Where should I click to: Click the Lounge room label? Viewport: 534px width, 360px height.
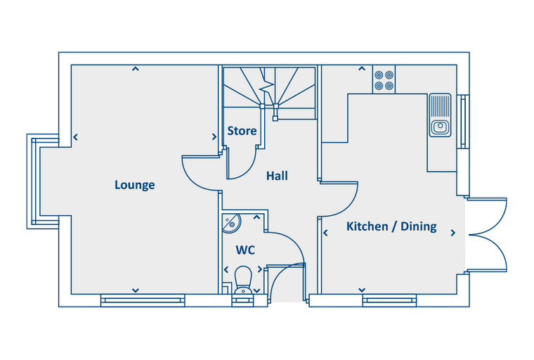(134, 185)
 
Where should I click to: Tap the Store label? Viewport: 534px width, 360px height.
(242, 131)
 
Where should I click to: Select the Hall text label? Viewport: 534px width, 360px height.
(277, 176)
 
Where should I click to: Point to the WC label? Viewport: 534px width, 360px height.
(245, 250)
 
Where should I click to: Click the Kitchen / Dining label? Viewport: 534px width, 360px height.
(391, 226)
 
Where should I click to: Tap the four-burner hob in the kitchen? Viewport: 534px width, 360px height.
(384, 79)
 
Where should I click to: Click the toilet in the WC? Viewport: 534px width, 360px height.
(243, 279)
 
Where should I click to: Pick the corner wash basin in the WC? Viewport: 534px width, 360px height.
(231, 223)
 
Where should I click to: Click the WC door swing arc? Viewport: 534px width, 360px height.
(288, 246)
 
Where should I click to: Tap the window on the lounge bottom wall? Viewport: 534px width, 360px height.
(143, 300)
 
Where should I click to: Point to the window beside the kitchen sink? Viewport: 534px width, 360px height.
(462, 121)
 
